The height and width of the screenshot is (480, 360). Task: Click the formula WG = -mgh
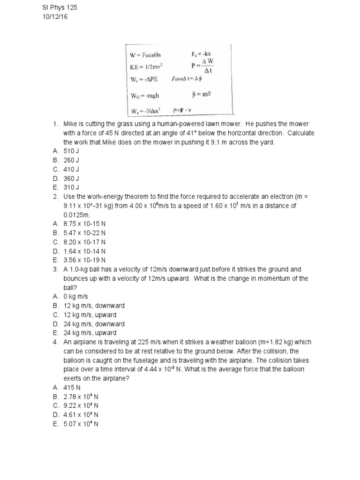144,96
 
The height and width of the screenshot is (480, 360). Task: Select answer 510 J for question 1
71,151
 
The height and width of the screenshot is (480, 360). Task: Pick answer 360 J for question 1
71,178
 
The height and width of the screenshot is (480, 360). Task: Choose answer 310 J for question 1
71,187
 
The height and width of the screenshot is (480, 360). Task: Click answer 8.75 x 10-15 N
84,224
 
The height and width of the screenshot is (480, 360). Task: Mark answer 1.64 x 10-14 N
84,251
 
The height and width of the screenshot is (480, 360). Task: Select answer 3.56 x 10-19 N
84,260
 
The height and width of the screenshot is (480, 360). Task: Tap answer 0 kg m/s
75,296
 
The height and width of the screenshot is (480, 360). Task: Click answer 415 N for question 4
72,387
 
